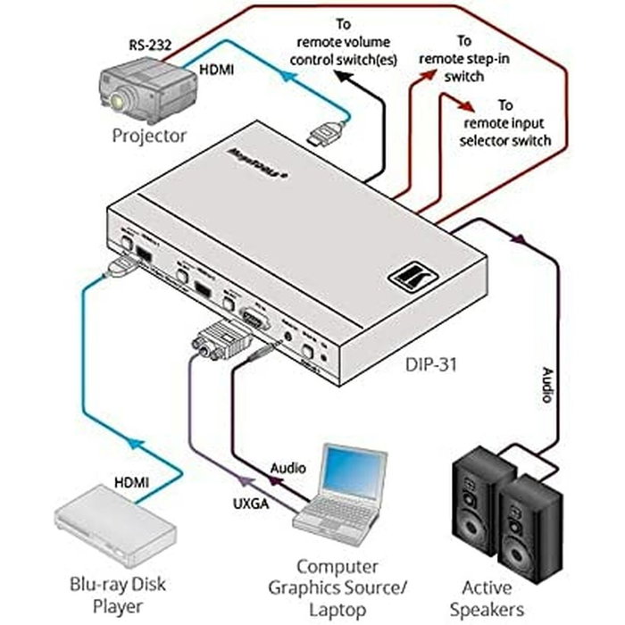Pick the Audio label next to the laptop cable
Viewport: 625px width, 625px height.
287,467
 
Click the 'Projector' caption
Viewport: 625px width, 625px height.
149,136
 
